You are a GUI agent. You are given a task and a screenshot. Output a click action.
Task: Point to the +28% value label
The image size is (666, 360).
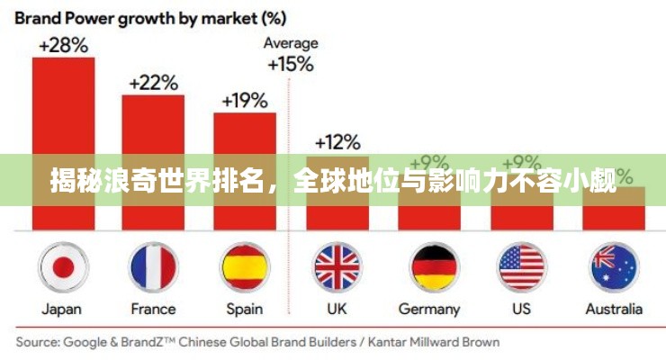(x=62, y=43)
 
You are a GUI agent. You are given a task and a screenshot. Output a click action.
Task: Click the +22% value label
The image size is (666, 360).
(x=153, y=82)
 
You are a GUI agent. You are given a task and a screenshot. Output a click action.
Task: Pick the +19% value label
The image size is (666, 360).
(x=245, y=99)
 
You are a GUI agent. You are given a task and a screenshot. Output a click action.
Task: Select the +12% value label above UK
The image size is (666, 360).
(x=337, y=141)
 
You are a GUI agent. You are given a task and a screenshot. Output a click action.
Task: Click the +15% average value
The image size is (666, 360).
(x=290, y=64)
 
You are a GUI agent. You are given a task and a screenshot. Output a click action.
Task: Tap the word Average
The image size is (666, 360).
(x=290, y=43)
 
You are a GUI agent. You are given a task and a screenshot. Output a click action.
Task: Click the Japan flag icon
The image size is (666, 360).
(x=63, y=267)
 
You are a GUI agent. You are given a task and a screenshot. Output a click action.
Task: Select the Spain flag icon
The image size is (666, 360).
(x=246, y=267)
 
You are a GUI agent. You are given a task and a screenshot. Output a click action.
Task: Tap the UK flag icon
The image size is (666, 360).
(x=337, y=267)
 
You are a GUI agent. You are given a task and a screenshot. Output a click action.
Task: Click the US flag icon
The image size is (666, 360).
(x=522, y=267)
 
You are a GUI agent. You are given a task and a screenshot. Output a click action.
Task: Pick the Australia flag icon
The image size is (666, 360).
(x=614, y=267)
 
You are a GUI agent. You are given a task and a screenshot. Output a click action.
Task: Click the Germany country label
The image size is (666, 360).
(x=429, y=309)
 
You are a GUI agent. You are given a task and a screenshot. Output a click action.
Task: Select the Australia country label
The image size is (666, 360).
(x=614, y=309)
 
